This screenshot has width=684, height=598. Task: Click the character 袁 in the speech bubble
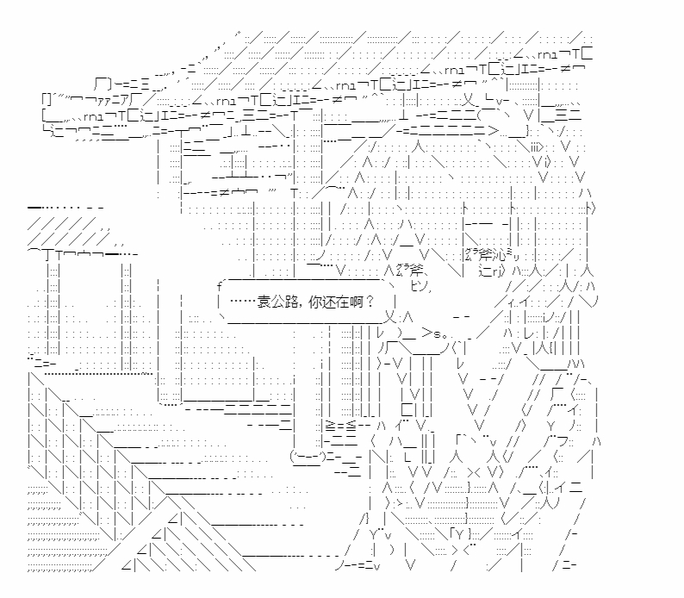click(264, 302)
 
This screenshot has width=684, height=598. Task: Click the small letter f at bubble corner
click(220, 283)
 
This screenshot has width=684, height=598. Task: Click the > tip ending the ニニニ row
click(492, 131)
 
